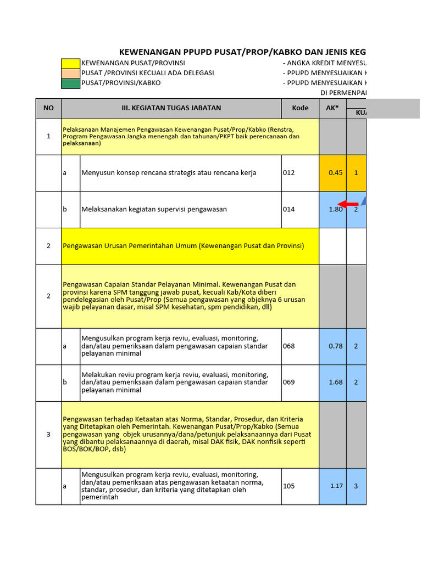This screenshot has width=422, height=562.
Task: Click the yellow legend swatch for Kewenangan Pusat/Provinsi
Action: pos(71,63)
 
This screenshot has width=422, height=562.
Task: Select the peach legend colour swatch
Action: pos(71,73)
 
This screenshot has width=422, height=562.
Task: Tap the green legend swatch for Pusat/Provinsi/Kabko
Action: pos(71,83)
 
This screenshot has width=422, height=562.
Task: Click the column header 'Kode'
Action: pos(300,108)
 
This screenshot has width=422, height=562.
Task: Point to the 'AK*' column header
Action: pos(332,108)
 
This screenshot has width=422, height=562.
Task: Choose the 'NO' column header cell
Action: pos(48,108)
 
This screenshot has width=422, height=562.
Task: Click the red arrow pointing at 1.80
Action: pos(348,204)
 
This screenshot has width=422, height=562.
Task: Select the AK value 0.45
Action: pos(335,172)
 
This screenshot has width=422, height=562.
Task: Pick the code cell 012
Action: pos(289,172)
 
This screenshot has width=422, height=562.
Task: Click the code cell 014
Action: pos(289,209)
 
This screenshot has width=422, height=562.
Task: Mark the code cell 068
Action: pos(289,346)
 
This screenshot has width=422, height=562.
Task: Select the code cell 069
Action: pos(289,383)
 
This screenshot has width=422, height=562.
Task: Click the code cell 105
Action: pos(289,486)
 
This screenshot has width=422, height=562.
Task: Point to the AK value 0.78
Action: pos(335,346)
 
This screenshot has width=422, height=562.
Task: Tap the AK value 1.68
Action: pos(335,383)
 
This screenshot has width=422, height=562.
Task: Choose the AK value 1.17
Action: pos(336,486)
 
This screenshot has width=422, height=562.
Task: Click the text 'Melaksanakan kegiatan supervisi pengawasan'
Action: pos(154,209)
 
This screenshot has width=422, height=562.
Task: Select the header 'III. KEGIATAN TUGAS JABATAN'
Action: pos(171,108)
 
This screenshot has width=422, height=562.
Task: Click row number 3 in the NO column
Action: pos(48,434)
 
